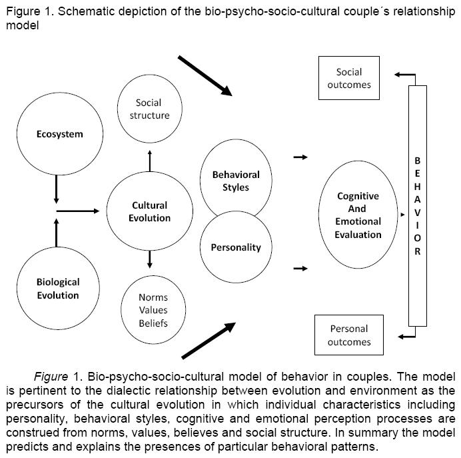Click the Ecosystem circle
point(60,134)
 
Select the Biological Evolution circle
point(58,288)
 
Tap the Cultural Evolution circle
point(151,211)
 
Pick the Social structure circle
point(149,109)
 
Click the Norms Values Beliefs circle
point(153,310)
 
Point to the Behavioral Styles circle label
point(235,181)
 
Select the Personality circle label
point(236,247)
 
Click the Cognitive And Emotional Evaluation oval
point(358,215)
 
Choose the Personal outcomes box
point(349,335)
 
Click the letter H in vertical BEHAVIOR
point(418,188)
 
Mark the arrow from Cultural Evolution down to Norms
point(150,258)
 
